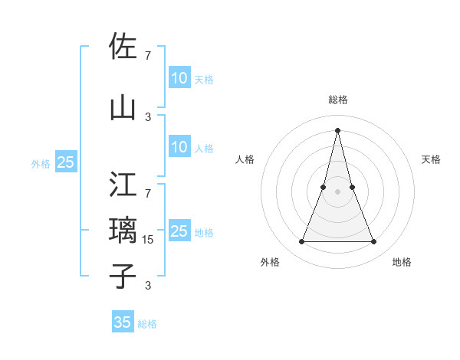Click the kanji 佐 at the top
123,47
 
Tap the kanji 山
123,108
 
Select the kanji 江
123,185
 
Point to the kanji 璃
123,231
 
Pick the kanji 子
123,277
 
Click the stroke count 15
148,239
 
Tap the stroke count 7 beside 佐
148,55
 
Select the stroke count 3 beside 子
148,286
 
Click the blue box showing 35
123,322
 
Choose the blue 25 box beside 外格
65,162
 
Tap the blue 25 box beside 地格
179,231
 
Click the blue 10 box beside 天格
179,78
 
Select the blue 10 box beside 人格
179,147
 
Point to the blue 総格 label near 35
147,324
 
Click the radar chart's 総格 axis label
337,100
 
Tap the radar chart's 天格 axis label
432,159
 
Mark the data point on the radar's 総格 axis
337,130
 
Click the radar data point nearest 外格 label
301,242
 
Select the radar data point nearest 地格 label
373,242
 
